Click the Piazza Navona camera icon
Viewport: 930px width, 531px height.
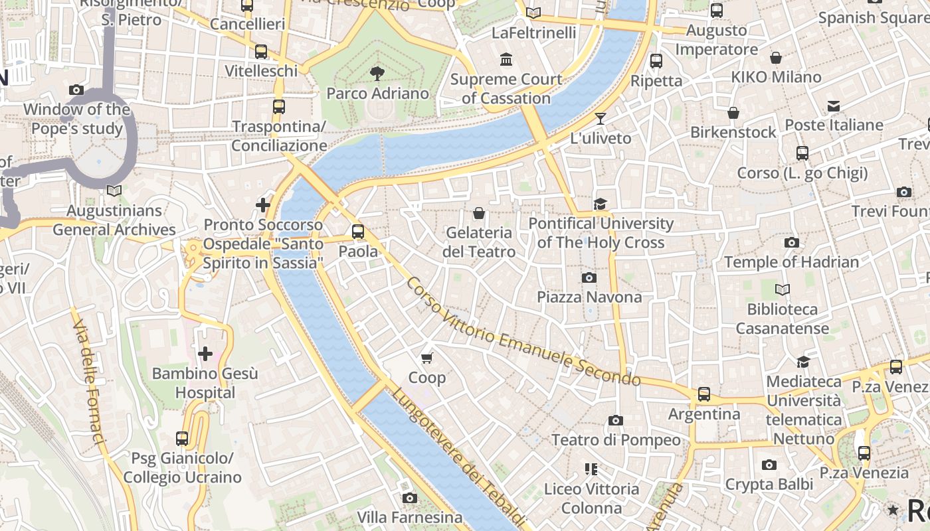tap(589, 277)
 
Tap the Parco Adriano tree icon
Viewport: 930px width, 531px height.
tap(377, 73)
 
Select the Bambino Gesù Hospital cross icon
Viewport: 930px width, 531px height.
tap(205, 354)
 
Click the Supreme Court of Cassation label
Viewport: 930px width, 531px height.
tap(507, 89)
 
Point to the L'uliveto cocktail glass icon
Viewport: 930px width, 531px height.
tap(601, 119)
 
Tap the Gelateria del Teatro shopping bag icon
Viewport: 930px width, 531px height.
tap(478, 213)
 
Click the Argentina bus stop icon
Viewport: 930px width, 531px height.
tap(704, 394)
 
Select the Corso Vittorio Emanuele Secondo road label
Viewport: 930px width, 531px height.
tap(523, 332)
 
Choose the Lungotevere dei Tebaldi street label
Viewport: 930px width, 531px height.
tap(458, 458)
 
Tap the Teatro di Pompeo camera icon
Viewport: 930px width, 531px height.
tap(616, 420)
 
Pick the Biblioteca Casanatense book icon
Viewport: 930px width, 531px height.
tap(783, 289)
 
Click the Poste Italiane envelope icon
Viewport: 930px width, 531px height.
tap(834, 106)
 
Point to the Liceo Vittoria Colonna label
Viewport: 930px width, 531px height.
tap(591, 498)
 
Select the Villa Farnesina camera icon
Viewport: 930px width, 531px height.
tap(410, 498)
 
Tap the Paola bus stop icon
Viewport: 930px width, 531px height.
tap(358, 232)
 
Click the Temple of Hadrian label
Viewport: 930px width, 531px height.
tap(791, 262)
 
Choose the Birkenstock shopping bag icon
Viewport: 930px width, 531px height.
tap(733, 113)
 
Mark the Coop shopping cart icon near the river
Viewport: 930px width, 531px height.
tap(427, 358)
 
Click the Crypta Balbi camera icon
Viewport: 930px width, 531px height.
tap(769, 465)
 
